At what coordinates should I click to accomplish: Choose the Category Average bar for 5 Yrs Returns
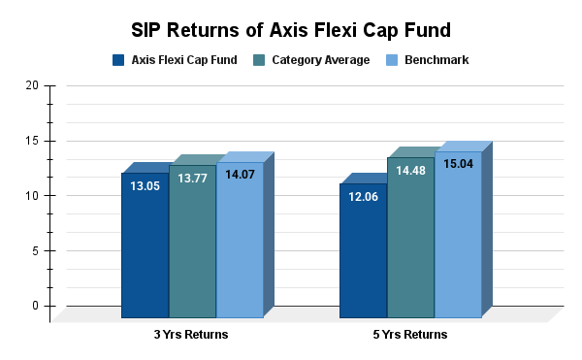click(410, 243)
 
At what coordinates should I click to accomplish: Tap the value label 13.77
click(192, 180)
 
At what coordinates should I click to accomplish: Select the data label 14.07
click(240, 177)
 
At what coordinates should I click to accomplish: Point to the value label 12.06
click(363, 198)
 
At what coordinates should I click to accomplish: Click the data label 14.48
click(410, 172)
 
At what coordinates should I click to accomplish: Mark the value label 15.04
click(458, 165)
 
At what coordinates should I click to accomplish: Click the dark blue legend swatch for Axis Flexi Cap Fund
click(118, 60)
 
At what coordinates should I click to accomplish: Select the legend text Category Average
click(320, 60)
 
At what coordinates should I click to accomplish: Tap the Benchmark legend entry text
click(438, 60)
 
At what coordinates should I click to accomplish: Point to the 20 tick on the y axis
click(32, 85)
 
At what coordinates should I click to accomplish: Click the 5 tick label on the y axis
click(35, 250)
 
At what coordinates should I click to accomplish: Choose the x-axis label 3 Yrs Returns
click(192, 335)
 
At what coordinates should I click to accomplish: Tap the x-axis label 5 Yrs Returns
click(410, 335)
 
